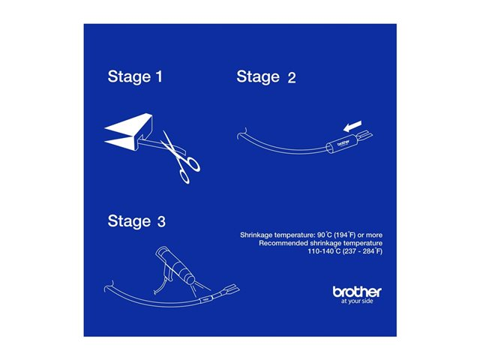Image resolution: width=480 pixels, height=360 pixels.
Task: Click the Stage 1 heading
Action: pyautogui.click(x=135, y=76)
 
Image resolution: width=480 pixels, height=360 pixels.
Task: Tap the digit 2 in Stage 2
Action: pyautogui.click(x=292, y=77)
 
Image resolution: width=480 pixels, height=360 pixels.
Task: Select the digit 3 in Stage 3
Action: pyautogui.click(x=161, y=222)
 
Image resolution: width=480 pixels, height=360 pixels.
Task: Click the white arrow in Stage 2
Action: pyautogui.click(x=352, y=127)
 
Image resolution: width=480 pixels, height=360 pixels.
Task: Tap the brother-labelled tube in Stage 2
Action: pyautogui.click(x=340, y=145)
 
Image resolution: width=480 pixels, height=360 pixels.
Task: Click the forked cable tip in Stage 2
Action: pyautogui.click(x=364, y=135)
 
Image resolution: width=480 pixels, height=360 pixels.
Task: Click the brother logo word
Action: pyautogui.click(x=357, y=292)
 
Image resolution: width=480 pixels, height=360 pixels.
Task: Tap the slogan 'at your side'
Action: pyautogui.click(x=357, y=301)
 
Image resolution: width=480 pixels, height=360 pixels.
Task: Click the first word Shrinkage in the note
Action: pyautogui.click(x=256, y=235)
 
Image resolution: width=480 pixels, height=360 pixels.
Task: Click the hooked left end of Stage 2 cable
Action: pyautogui.click(x=241, y=133)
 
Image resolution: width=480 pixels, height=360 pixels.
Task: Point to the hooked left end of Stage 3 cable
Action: pyautogui.click(x=109, y=286)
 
